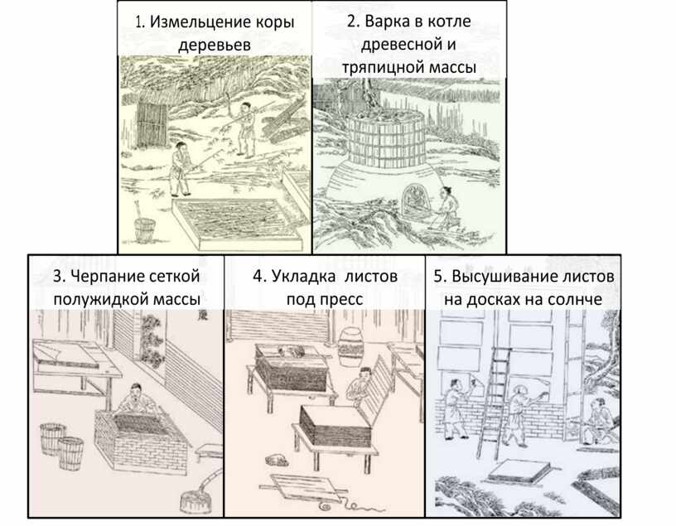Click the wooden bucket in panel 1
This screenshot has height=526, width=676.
(x=145, y=229)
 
